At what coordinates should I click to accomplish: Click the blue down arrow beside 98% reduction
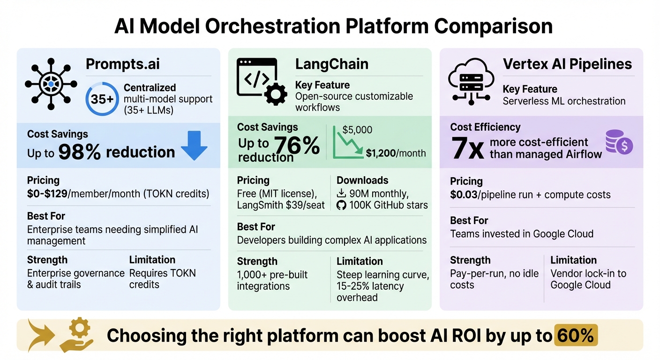194,145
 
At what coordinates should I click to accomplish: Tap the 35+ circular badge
102,99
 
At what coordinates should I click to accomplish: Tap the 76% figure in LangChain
297,145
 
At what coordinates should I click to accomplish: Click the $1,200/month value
396,153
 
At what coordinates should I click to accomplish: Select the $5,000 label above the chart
357,130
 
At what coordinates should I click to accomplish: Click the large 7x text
467,149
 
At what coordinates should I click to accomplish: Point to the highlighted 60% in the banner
576,336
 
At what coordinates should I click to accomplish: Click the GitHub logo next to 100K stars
341,205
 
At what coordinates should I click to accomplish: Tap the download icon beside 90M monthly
341,193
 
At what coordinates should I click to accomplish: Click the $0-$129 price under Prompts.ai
47,193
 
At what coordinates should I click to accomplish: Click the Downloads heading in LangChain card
362,180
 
